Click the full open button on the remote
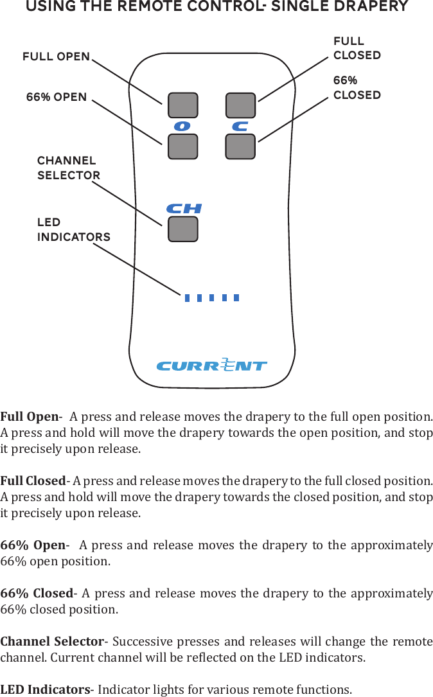point(182,106)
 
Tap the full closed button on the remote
point(240,106)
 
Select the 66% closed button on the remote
point(240,146)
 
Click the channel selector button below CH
point(182,229)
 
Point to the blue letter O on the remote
point(182,127)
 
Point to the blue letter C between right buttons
point(240,127)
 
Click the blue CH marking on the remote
point(184,209)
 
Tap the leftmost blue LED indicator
point(187,297)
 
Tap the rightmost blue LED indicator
point(236,297)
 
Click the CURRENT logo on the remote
point(211,366)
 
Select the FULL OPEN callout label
point(57,57)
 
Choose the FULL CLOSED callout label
point(357,48)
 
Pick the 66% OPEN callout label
point(57,98)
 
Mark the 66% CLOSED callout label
point(357,88)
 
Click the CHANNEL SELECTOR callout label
point(68,168)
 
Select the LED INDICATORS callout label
point(73,229)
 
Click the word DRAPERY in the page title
point(371,7)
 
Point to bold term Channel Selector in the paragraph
point(52,642)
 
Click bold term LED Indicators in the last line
point(45,690)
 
